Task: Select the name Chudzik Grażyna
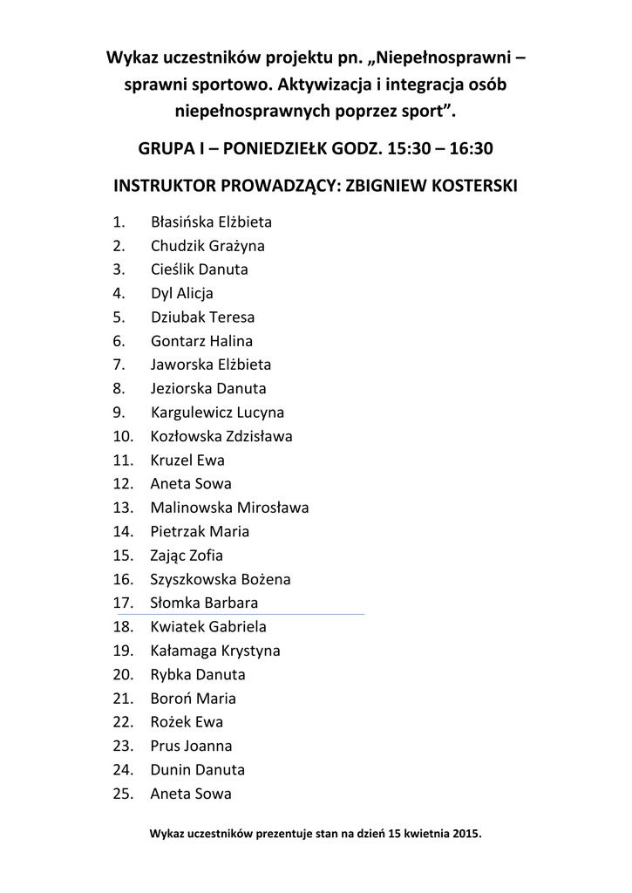pyautogui.click(x=207, y=247)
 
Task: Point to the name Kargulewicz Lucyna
pyautogui.click(x=217, y=412)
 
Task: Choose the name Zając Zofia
pyautogui.click(x=187, y=556)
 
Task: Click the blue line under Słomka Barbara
pyautogui.click(x=253, y=614)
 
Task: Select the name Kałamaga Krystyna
pyautogui.click(x=215, y=651)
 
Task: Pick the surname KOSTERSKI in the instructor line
pyautogui.click(x=467, y=186)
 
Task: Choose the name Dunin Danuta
pyautogui.click(x=198, y=770)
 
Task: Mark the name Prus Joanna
pyautogui.click(x=191, y=746)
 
